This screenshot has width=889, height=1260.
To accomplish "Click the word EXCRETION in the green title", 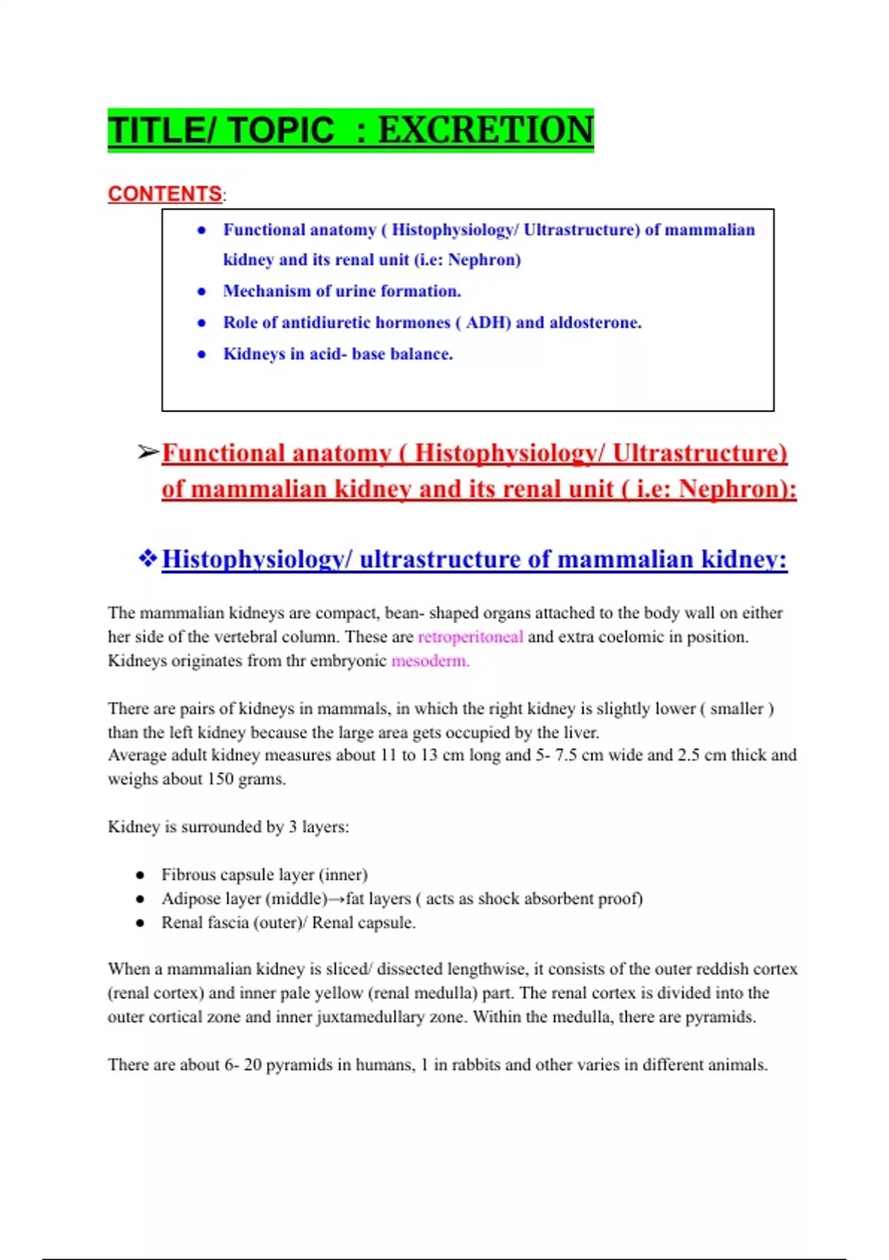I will (x=485, y=130).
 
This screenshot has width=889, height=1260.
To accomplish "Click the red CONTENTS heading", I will (x=164, y=194).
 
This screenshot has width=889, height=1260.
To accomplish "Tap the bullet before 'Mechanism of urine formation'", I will (x=202, y=291).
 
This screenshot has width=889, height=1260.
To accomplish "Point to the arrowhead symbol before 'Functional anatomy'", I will (x=147, y=452).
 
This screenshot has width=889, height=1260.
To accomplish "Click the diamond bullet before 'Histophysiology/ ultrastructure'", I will (x=147, y=558).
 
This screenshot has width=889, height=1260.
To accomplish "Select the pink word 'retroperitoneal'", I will (x=470, y=637).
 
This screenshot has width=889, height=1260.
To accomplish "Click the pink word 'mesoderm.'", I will (x=430, y=660).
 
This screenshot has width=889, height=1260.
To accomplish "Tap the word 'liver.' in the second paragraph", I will (x=581, y=732).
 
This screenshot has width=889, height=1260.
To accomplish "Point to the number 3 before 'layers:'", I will (x=293, y=826).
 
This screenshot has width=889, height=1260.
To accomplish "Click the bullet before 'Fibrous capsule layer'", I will (x=140, y=875).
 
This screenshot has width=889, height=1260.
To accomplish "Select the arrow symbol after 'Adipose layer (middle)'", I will (x=336, y=899).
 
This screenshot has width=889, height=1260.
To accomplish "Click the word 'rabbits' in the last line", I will (x=476, y=1065).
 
